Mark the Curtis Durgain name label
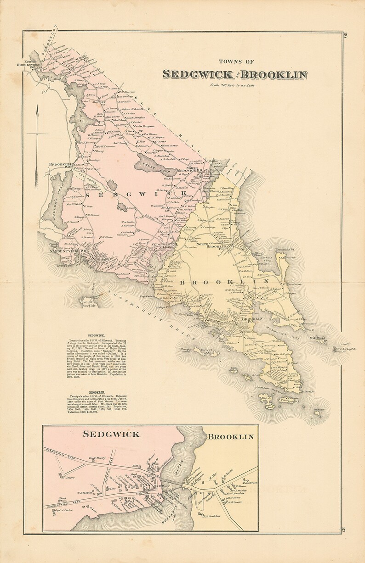pos(143,126)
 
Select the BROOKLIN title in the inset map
pos(230,437)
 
